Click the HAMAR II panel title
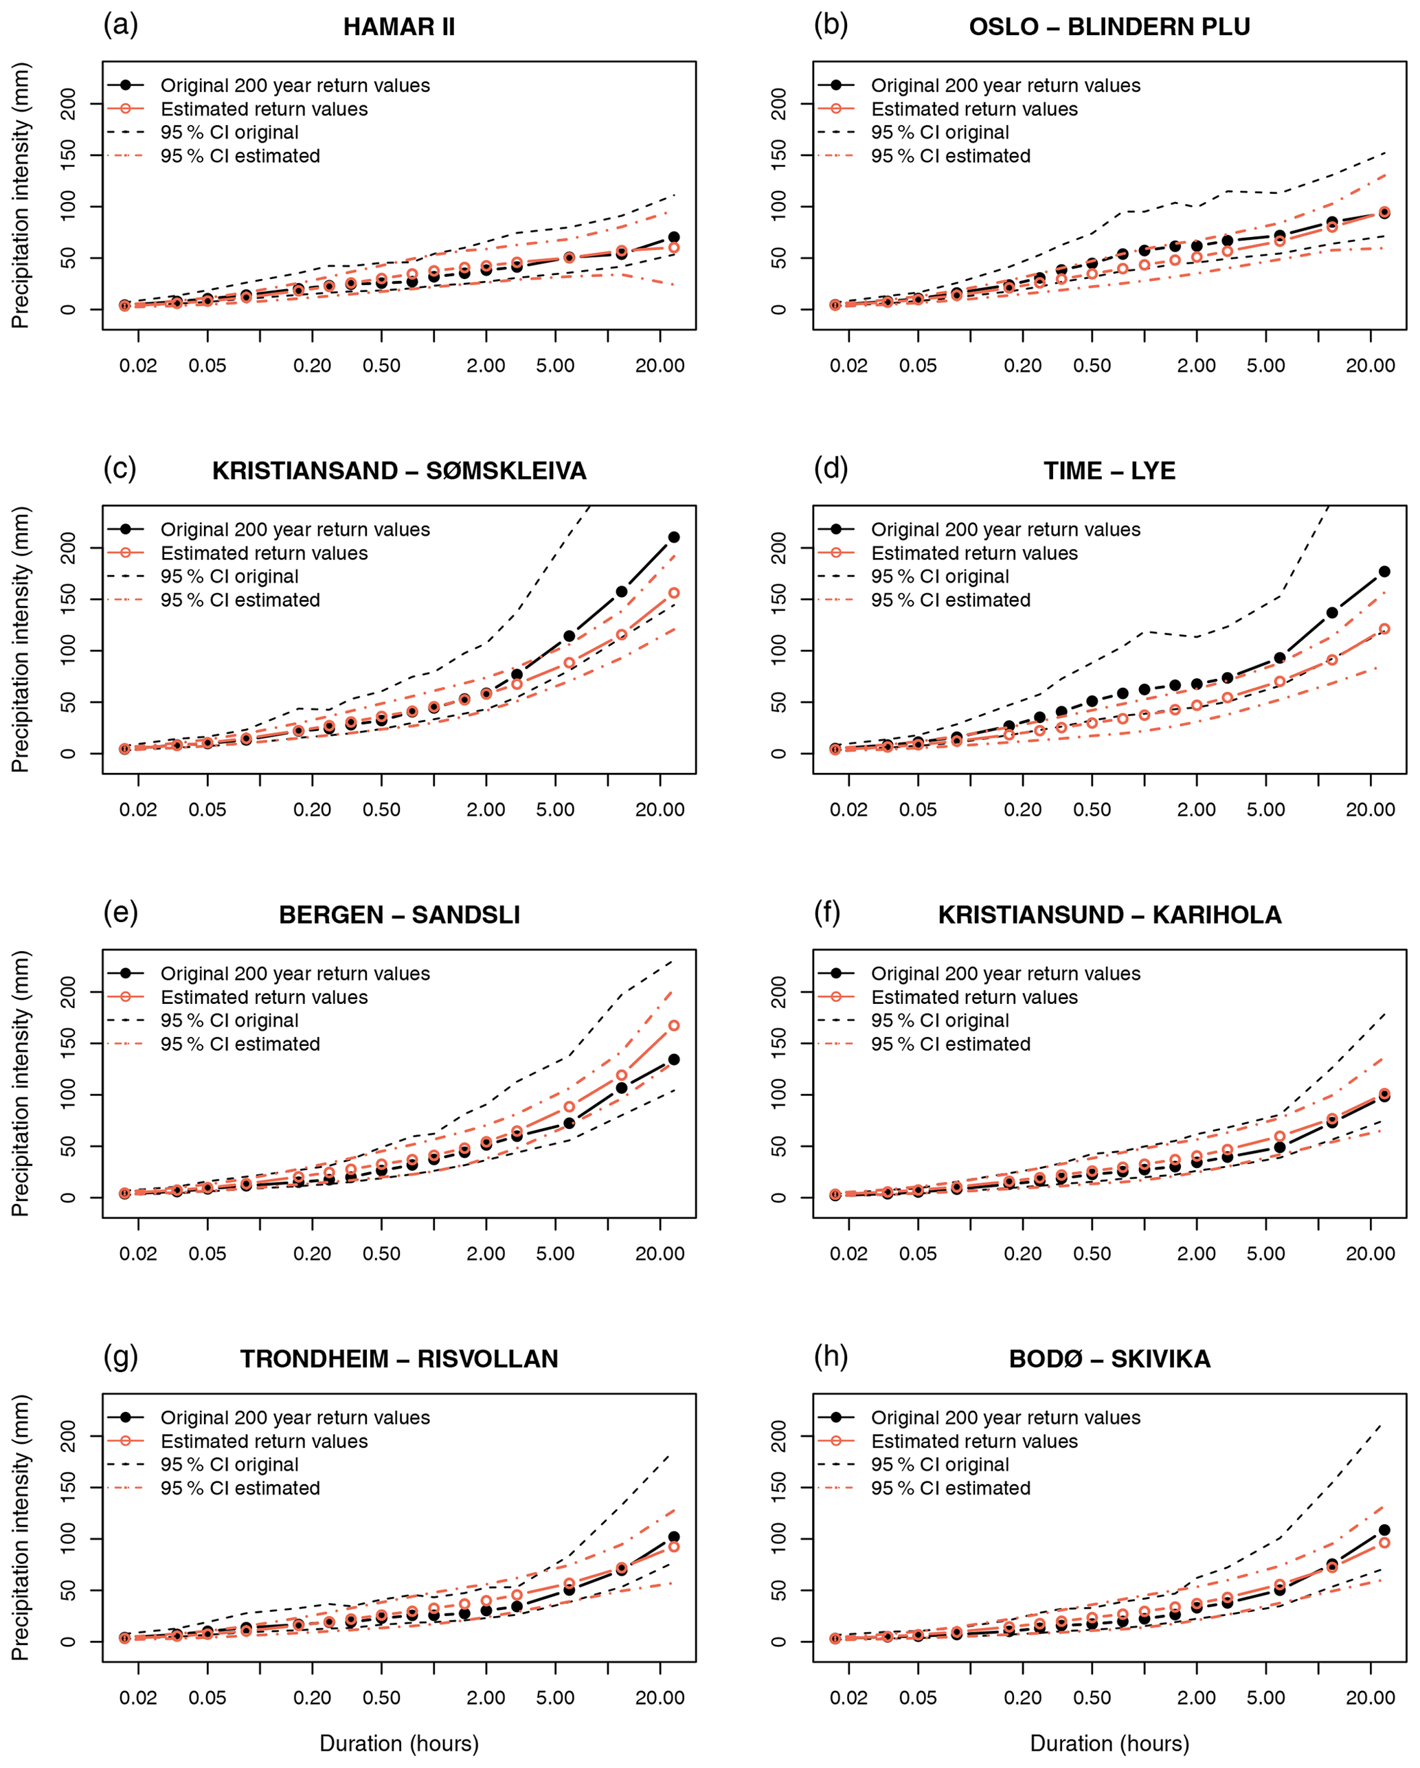click(x=398, y=27)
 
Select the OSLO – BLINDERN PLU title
click(x=1109, y=27)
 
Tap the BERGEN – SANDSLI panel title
click(x=398, y=915)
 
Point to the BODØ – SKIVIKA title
click(x=1109, y=1358)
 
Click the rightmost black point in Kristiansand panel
click(x=674, y=537)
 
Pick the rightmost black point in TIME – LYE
click(x=1384, y=572)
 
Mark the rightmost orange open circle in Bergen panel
click(x=674, y=1026)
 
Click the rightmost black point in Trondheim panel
click(x=674, y=1536)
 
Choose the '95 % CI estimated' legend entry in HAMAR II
click(x=240, y=156)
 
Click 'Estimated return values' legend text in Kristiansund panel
click(x=974, y=997)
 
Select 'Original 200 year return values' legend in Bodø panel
click(x=1005, y=1418)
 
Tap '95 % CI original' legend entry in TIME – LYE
click(x=940, y=577)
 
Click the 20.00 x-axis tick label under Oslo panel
click(x=1370, y=366)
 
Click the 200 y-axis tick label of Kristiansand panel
click(x=69, y=548)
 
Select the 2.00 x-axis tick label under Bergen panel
click(x=486, y=1254)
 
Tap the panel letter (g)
click(x=120, y=1356)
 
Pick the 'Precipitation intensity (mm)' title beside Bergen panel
click(x=20, y=1083)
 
